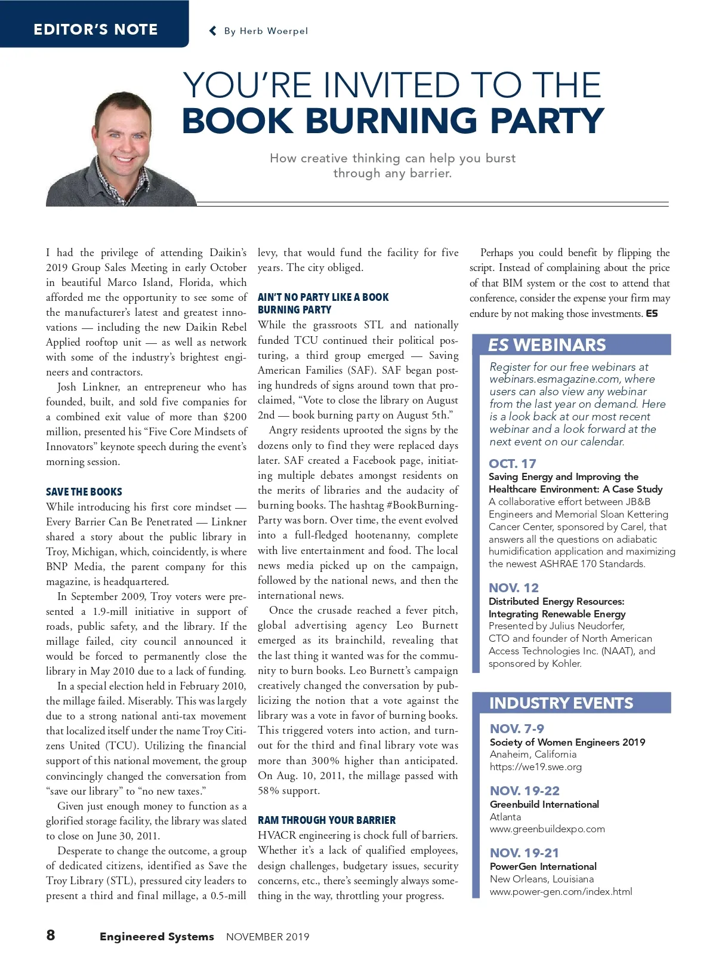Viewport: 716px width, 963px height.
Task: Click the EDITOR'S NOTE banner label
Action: click(x=95, y=29)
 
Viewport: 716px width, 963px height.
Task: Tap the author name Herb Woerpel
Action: click(x=274, y=31)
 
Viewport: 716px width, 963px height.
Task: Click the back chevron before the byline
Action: click(x=212, y=31)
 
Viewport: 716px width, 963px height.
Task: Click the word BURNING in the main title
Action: click(x=391, y=121)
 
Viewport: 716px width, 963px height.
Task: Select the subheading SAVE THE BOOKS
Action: click(x=84, y=492)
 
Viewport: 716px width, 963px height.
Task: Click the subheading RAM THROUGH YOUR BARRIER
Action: click(x=326, y=820)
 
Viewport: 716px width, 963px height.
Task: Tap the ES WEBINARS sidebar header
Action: click(x=547, y=345)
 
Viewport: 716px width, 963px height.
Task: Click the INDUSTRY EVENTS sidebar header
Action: click(x=561, y=703)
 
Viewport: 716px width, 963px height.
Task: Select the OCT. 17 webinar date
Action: click(x=513, y=464)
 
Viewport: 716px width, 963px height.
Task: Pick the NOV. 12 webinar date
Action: click(x=514, y=588)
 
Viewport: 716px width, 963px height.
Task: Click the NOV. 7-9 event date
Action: click(x=517, y=728)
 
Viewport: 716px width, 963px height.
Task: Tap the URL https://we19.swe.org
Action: click(x=536, y=767)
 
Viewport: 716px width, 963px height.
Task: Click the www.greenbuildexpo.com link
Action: click(x=547, y=829)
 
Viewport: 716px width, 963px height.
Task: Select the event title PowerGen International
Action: click(x=543, y=866)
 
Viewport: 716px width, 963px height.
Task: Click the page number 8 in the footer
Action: click(x=51, y=935)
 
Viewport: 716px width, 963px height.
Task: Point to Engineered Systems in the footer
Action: click(x=157, y=937)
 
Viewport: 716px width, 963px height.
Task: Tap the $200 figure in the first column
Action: click(x=235, y=417)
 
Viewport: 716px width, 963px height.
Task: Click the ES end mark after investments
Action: click(x=652, y=313)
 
